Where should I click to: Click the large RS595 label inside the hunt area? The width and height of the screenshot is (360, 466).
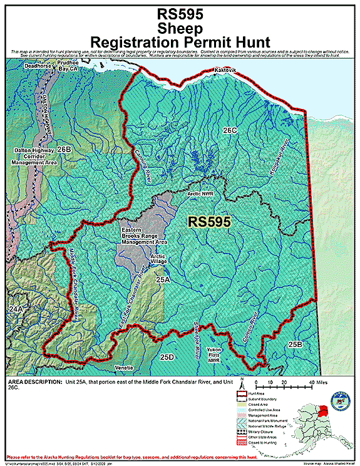tap(210, 221)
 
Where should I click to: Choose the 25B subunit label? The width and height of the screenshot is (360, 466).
tap(296, 344)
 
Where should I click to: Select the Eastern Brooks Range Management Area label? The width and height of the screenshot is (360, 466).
tap(144, 236)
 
